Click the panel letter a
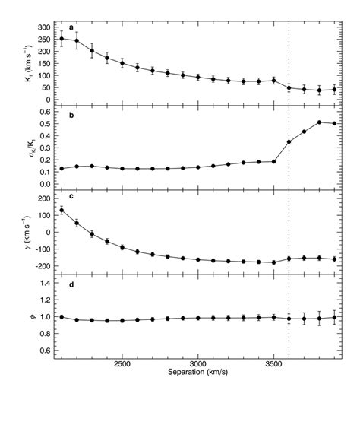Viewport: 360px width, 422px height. [71, 28]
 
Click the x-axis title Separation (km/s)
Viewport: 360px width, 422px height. [197, 375]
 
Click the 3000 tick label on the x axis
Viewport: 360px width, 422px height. [197, 365]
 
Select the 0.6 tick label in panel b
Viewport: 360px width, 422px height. [45, 112]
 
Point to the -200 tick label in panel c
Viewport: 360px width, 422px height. [42, 266]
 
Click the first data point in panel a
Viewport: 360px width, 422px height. [62, 39]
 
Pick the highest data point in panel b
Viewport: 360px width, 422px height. [319, 122]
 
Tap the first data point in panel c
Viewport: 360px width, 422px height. [62, 211]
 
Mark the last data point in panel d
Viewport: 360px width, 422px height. [334, 318]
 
